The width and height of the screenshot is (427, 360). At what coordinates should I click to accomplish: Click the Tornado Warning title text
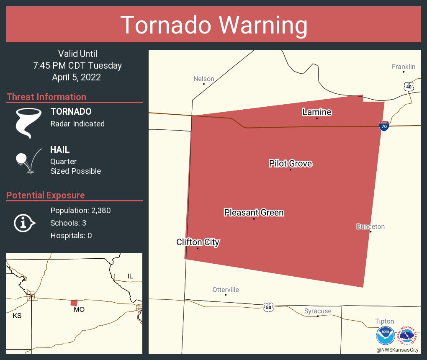pos(213,25)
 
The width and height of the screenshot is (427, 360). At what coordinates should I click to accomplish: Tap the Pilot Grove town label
pos(290,163)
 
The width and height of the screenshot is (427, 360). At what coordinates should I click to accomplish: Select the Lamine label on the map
pos(317,112)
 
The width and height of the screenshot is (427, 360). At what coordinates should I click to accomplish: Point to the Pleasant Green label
pos(254,213)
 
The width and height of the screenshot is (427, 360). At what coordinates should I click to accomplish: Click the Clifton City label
pos(198,242)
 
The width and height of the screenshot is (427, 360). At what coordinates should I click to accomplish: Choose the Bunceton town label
pos(370,226)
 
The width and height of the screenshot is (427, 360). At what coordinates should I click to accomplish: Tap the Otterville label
pos(226,290)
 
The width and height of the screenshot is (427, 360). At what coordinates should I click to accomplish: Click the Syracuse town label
pos(318,311)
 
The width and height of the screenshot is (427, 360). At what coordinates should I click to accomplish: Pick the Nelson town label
pos(204,79)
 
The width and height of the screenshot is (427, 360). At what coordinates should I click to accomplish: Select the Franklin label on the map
pos(404,67)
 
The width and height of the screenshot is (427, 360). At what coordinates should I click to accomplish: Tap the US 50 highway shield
pos(268,307)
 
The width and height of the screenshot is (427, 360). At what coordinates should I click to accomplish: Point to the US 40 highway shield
pos(409,87)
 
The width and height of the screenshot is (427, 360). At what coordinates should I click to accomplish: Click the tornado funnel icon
pos(28,123)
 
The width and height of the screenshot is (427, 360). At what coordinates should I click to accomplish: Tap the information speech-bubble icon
pos(24,223)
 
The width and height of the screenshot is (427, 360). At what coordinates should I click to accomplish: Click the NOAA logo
pos(385,336)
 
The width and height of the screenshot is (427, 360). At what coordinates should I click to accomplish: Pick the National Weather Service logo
pos(408,336)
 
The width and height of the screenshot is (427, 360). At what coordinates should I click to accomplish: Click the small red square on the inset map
pos(74,303)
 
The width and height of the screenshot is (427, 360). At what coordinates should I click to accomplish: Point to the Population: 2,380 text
pos(80,211)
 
